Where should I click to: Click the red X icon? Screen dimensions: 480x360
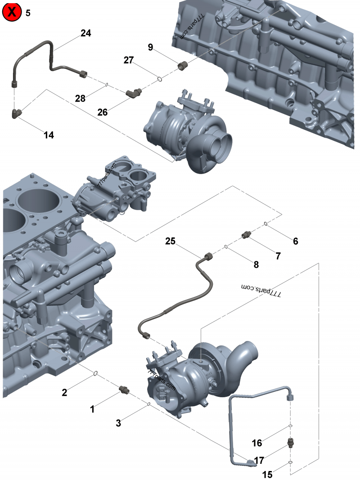[x=12, y=12]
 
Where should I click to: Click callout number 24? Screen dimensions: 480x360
[x=85, y=33]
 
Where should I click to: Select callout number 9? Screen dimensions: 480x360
[x=150, y=47]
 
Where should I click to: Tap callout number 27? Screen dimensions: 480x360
[x=129, y=60]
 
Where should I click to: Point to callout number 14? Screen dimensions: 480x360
[x=49, y=135]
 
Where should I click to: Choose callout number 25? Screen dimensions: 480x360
[x=170, y=241]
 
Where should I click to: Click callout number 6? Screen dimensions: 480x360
[x=295, y=241]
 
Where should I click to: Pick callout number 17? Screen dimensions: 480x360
[x=259, y=460]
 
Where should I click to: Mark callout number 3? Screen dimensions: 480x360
[x=118, y=423]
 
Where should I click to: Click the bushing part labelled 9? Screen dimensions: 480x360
[x=183, y=66]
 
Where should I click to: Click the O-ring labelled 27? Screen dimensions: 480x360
[x=160, y=80]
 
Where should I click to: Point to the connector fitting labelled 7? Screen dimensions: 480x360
[x=246, y=235]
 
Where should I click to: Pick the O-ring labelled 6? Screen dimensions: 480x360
[x=266, y=223]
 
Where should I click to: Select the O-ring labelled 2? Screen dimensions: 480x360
[x=95, y=373]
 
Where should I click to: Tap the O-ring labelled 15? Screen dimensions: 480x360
[x=291, y=462]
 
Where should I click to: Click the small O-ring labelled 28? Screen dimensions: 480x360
[x=107, y=84]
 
